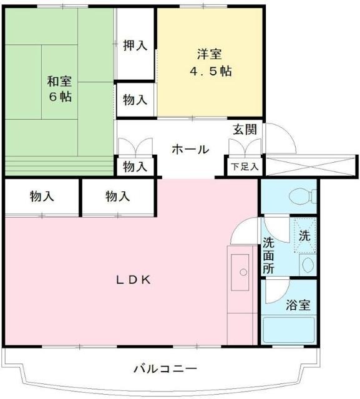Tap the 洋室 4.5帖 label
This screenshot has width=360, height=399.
coord(210,62)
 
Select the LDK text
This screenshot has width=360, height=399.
coord(132,280)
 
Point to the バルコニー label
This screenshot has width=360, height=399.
coord(165,368)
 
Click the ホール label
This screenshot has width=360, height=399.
coord(190,150)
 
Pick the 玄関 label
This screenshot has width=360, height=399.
coord(245,130)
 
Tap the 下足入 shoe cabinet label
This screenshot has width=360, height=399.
coord(244,166)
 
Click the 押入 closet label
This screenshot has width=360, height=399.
coord(135,45)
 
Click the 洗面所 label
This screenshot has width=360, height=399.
coord(268,256)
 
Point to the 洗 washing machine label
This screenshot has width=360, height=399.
coord(304,236)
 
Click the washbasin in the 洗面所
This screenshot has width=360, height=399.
coord(308,264)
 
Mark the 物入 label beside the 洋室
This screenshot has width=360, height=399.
coord(135,99)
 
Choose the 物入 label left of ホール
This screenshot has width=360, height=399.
coord(135,166)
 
